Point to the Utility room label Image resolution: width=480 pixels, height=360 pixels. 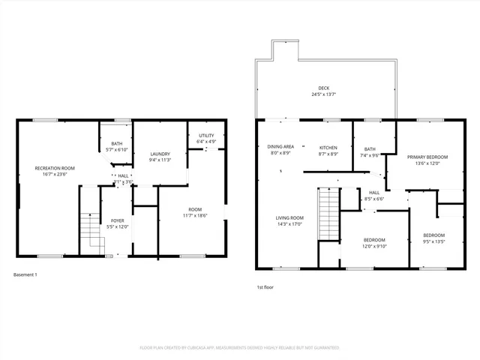[x=206, y=135]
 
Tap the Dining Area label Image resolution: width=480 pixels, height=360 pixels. [x=281, y=147]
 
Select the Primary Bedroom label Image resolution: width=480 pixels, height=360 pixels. [x=427, y=157]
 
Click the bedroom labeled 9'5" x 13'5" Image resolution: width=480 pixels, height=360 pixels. [x=433, y=235]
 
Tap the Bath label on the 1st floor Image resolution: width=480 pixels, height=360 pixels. [x=370, y=149]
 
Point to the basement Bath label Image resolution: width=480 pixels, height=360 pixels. [x=117, y=143]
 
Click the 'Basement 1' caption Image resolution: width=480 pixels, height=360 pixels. [x=25, y=275]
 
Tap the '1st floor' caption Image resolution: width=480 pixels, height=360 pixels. [x=266, y=287]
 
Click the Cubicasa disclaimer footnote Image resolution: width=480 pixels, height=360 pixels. [x=240, y=348]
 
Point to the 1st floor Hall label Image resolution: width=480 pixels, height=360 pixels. [x=373, y=193]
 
